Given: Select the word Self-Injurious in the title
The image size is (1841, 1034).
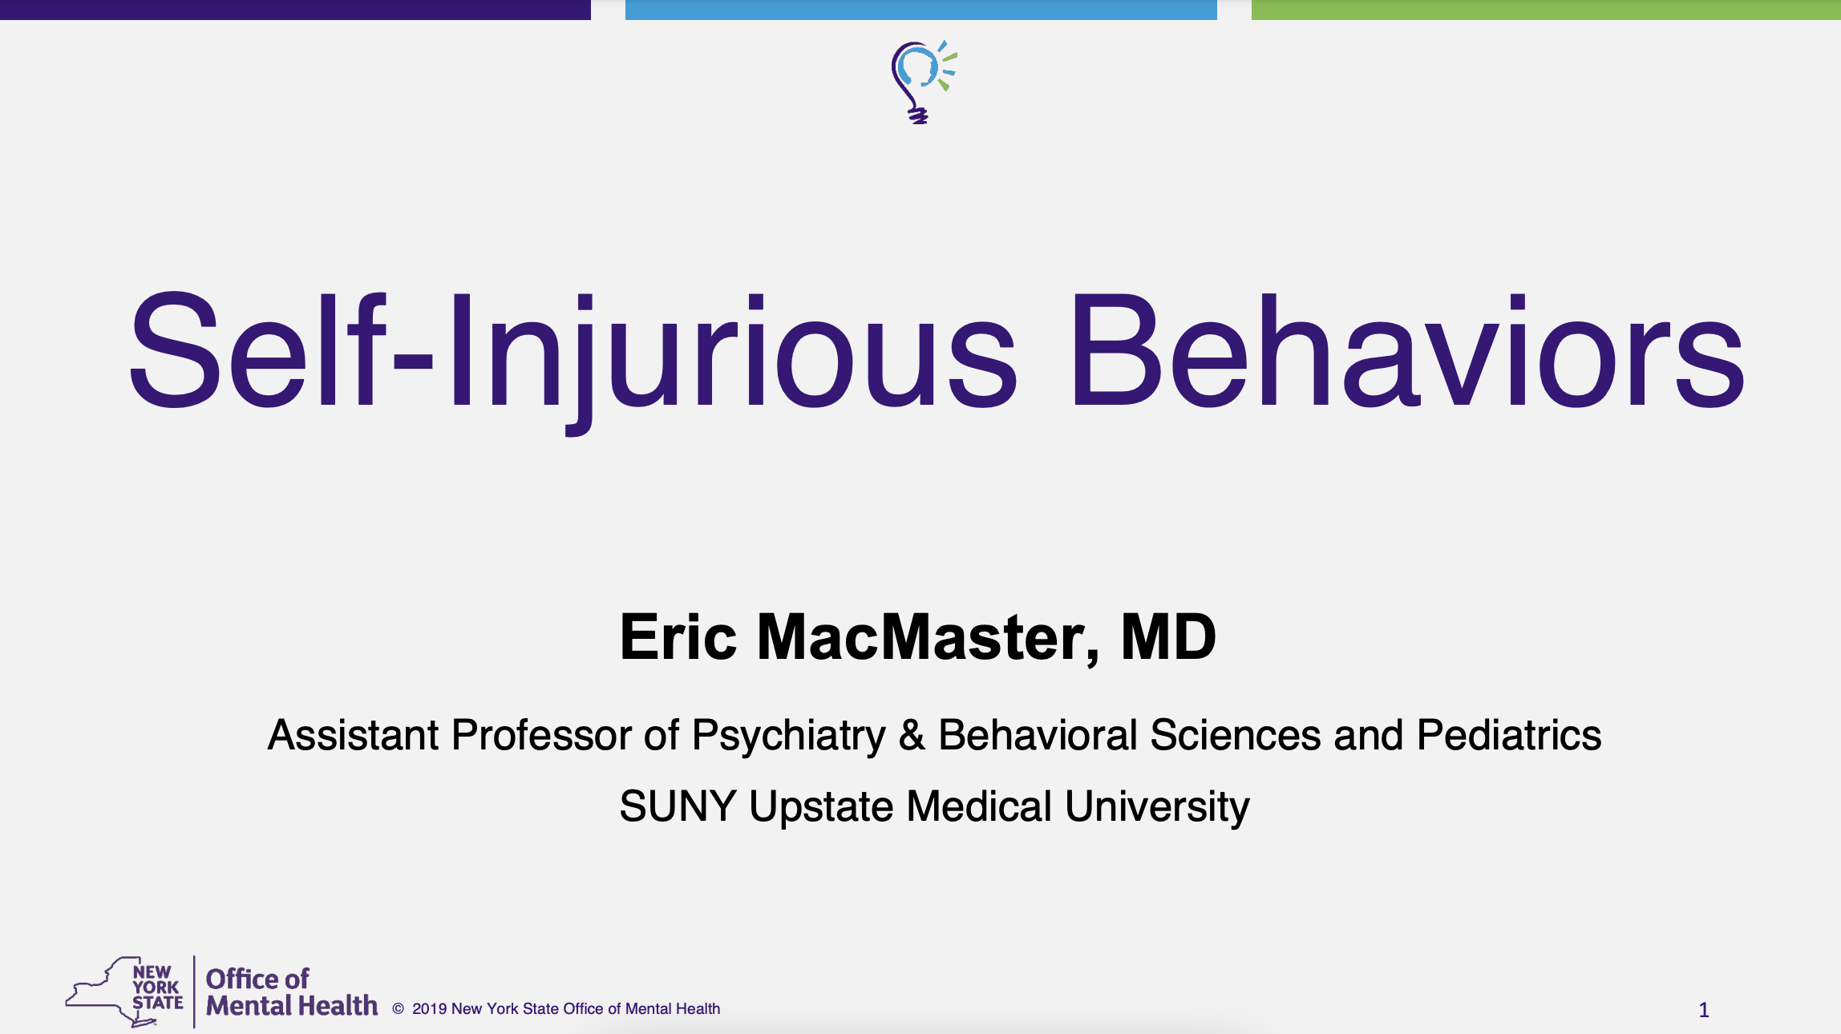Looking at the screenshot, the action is [x=573, y=361].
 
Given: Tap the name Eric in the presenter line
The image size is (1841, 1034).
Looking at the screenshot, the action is [x=678, y=637].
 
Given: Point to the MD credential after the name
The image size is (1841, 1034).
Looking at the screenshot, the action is [x=1168, y=637].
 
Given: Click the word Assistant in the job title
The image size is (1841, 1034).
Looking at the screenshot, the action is [x=354, y=735].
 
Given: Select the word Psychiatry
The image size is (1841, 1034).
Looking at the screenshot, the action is [x=789, y=737].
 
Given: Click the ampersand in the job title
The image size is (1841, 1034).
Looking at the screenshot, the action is [x=912, y=735].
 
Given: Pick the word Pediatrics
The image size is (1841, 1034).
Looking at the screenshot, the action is [x=1509, y=735].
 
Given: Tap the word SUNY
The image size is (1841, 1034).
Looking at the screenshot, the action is [x=678, y=806].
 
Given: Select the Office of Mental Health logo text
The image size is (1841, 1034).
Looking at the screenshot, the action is [x=292, y=992].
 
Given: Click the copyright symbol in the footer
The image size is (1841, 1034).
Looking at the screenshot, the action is [x=398, y=1009].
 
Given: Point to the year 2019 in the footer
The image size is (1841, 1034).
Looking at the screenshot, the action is [x=430, y=1009].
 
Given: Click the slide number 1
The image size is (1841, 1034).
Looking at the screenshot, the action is [x=1704, y=1010].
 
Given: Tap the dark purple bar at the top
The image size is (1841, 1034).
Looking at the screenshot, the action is [x=295, y=10].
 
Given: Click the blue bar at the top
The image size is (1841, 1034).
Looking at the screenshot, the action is [x=921, y=10].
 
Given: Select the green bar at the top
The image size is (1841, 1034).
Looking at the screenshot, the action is [x=1546, y=10].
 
